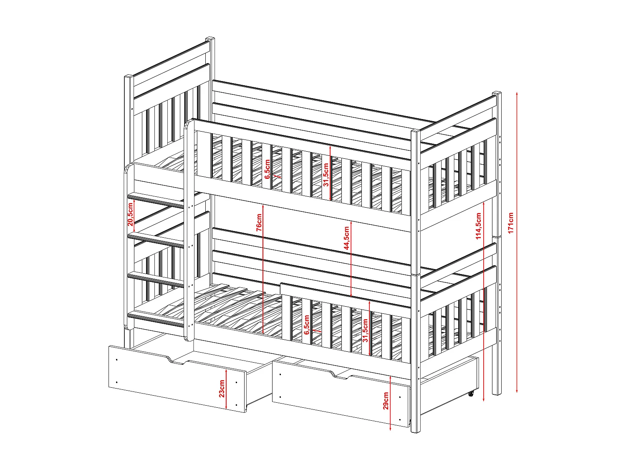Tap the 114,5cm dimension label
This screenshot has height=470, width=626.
tap(478, 226)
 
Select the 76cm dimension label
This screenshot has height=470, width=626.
tap(259, 222)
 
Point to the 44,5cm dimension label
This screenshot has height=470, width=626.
tap(346, 238)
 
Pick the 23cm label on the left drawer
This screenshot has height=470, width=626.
tap(222, 389)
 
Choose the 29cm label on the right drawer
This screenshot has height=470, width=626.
tap(386, 401)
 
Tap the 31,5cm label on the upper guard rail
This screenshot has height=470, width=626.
tap(326, 175)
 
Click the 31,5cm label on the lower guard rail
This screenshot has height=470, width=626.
tap(365, 330)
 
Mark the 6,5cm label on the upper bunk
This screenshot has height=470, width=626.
tap(267, 169)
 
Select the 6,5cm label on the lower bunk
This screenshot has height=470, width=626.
tap(307, 325)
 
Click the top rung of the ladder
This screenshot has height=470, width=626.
tap(156, 200)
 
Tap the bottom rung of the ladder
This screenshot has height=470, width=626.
tap(156, 318)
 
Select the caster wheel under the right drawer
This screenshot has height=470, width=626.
tap(470, 394)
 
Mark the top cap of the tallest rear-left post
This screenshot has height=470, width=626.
tap(210, 38)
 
